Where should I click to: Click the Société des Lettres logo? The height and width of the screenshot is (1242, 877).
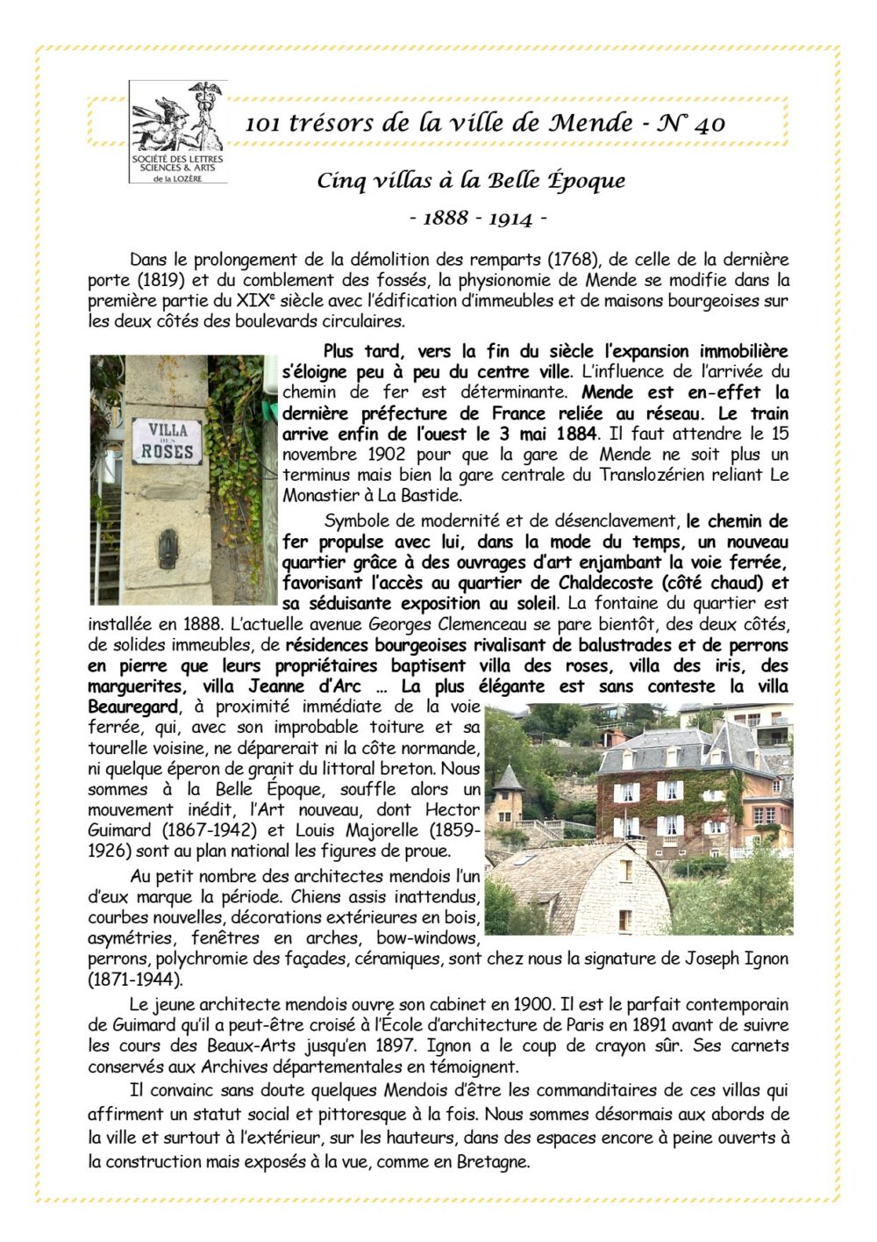[x=177, y=132]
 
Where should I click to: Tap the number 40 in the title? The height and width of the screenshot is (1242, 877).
[x=709, y=124]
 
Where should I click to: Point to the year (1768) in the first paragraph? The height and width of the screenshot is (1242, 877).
[x=573, y=260]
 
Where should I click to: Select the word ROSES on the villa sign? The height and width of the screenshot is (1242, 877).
[x=167, y=452]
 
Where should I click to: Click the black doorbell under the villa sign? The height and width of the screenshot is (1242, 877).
[x=167, y=549]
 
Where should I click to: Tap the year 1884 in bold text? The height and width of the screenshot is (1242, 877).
[x=575, y=434]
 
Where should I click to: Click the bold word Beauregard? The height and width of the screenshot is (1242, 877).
[x=134, y=707]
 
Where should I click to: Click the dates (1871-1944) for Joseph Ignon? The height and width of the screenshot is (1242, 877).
[x=134, y=978]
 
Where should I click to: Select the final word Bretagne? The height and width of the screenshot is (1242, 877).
[x=492, y=1161]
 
